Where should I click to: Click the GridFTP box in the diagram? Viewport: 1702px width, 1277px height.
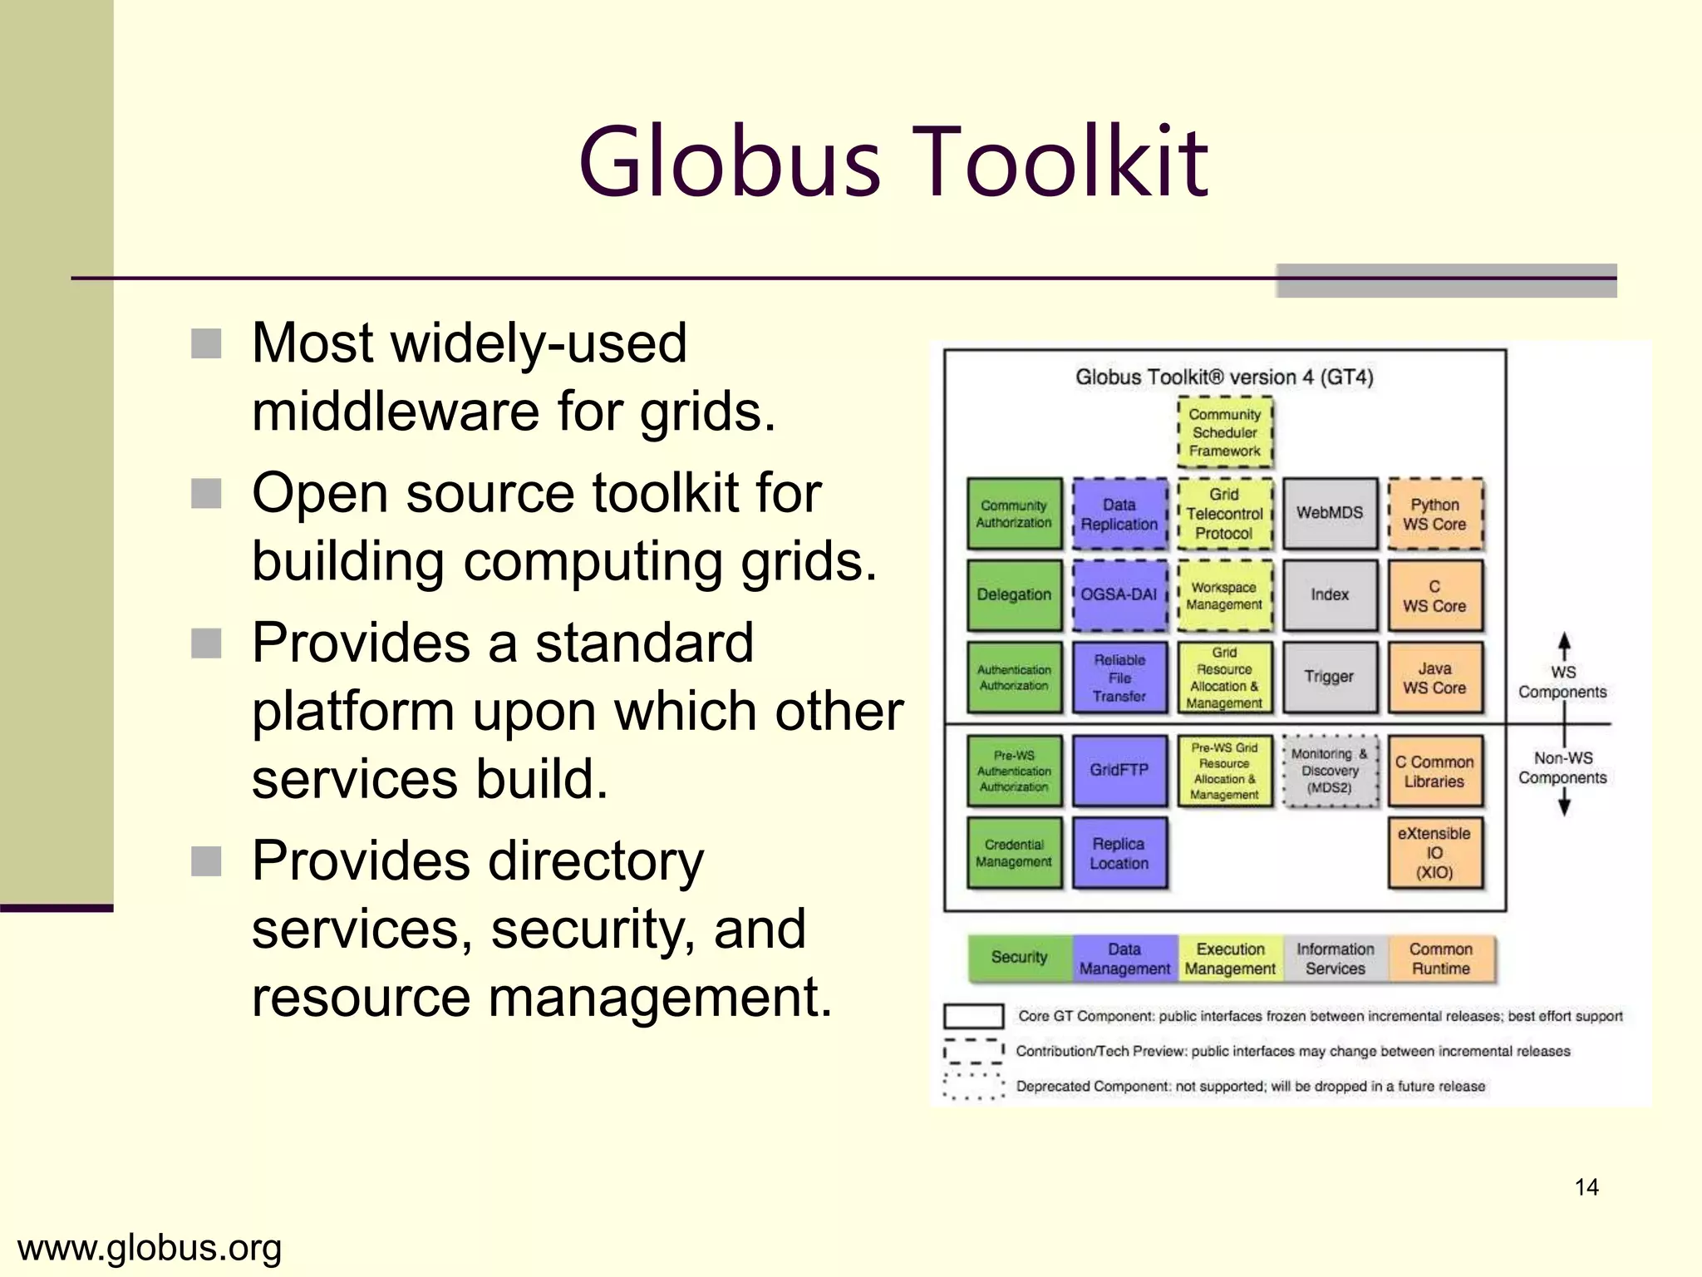[x=1119, y=770]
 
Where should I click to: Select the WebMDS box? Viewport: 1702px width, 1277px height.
[x=1329, y=513]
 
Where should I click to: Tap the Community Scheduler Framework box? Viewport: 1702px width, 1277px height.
[x=1224, y=432]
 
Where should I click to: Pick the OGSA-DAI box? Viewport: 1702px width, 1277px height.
[x=1119, y=594]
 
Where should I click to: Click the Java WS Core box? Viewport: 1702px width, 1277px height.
[x=1434, y=678]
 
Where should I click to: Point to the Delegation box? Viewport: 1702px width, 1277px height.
[x=1014, y=594]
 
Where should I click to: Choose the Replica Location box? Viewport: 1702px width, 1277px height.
[x=1119, y=853]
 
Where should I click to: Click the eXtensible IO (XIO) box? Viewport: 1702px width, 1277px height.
[x=1434, y=853]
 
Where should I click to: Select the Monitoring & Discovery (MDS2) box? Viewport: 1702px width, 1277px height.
[x=1329, y=771]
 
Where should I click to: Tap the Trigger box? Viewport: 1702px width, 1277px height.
[x=1329, y=677]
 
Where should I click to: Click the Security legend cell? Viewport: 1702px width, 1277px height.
[x=1020, y=958]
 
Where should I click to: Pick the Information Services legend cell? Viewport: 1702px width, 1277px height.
[x=1336, y=959]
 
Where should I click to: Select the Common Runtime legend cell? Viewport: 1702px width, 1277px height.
[x=1441, y=959]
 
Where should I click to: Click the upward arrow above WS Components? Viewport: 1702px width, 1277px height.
[x=1564, y=645]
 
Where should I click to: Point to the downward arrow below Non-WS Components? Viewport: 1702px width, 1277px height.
[x=1564, y=802]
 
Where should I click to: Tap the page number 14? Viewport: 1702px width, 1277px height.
[x=1586, y=1187]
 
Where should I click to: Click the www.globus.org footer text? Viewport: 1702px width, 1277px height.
[x=150, y=1248]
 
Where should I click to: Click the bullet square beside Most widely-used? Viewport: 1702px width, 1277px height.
[x=206, y=343]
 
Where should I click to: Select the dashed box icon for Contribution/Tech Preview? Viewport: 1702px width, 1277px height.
[x=973, y=1052]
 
